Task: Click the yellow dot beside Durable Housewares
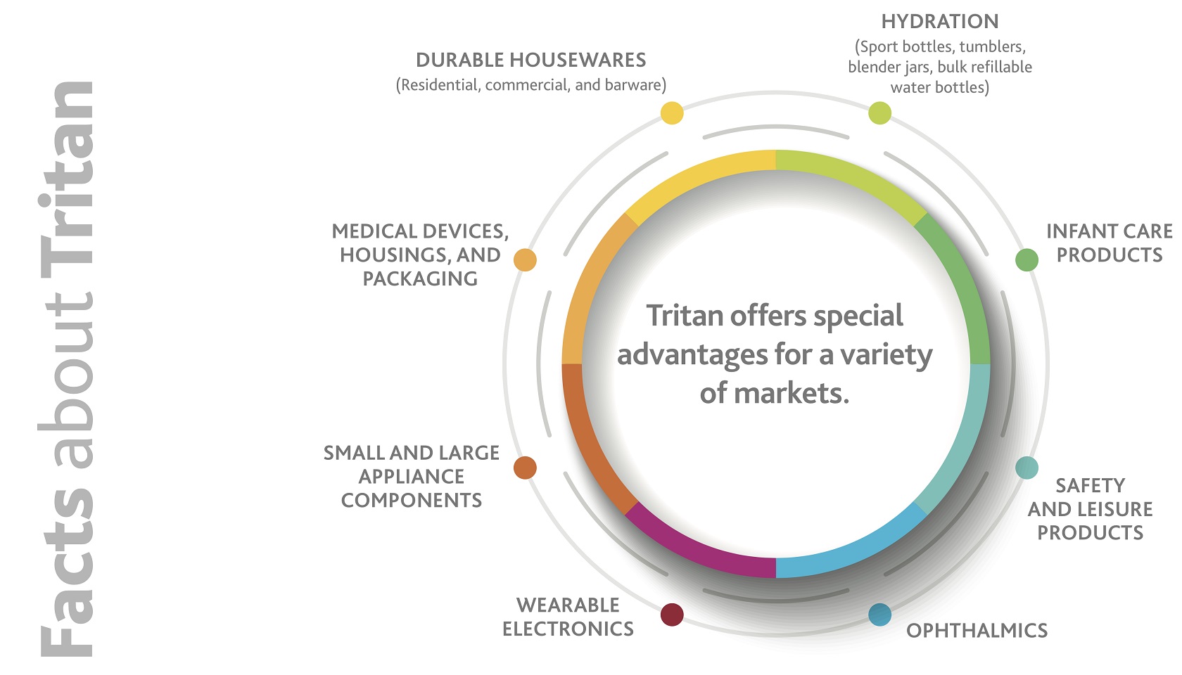tap(672, 112)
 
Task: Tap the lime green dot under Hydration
tap(879, 112)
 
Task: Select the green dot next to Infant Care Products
tap(1027, 260)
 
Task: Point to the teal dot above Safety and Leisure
tap(1027, 468)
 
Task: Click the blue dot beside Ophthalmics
tap(879, 615)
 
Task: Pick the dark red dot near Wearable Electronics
tap(672, 615)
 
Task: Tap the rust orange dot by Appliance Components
tap(525, 468)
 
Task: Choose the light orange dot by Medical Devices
tap(525, 260)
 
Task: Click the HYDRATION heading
tap(940, 22)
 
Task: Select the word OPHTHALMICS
tap(977, 631)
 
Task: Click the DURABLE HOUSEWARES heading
tap(530, 60)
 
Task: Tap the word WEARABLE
tap(568, 605)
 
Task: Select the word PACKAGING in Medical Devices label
tap(420, 279)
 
